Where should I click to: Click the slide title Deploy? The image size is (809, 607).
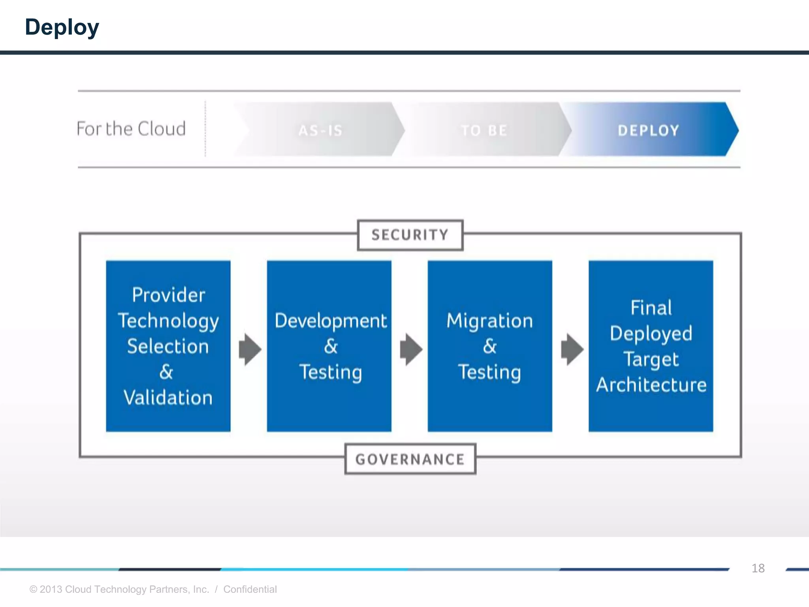click(62, 27)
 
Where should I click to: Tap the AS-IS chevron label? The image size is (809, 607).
click(320, 130)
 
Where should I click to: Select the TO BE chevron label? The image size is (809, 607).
click(484, 130)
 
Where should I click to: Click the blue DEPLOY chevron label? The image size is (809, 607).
click(648, 130)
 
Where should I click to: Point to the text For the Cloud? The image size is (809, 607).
click(131, 129)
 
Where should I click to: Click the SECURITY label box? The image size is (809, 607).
click(410, 235)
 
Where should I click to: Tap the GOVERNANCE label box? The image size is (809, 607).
click(410, 459)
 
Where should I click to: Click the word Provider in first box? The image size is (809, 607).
click(168, 295)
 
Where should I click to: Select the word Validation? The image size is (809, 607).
click(168, 398)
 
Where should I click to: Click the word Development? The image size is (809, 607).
click(331, 320)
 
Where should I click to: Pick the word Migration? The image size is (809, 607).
click(489, 320)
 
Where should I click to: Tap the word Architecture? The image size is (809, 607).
click(651, 385)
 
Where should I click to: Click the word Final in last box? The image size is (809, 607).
click(651, 307)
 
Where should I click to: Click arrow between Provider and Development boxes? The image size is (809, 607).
click(250, 349)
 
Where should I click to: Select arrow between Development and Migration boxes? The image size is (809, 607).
click(411, 349)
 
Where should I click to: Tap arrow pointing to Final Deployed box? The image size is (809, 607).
click(572, 349)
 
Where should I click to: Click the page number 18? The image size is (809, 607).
click(758, 568)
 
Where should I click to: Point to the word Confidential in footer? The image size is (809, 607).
click(250, 589)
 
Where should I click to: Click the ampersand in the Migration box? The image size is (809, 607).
click(489, 347)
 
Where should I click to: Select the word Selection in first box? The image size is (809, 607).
click(168, 347)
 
